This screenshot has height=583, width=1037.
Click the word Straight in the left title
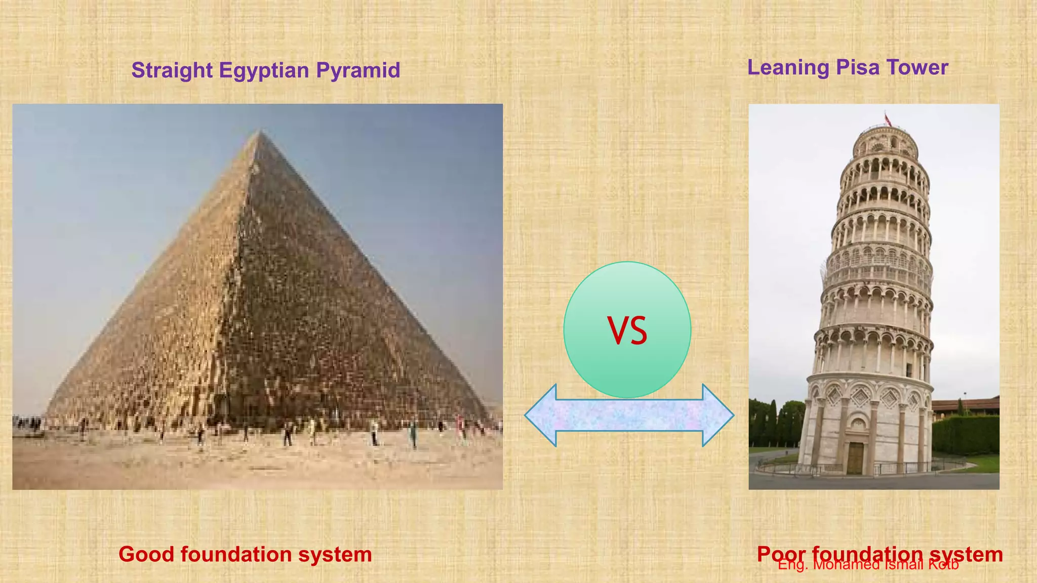coord(172,70)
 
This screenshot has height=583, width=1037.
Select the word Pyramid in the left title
coord(358,70)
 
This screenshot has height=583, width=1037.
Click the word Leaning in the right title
coord(788,67)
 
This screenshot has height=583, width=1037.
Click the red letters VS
coord(627,331)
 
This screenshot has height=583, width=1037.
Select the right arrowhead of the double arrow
coord(717,415)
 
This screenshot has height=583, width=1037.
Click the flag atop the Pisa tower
coord(888,120)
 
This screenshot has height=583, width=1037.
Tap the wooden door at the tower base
coord(855,458)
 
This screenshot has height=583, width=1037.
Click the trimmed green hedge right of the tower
coord(965,435)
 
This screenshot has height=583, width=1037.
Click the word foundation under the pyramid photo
coord(236,554)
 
